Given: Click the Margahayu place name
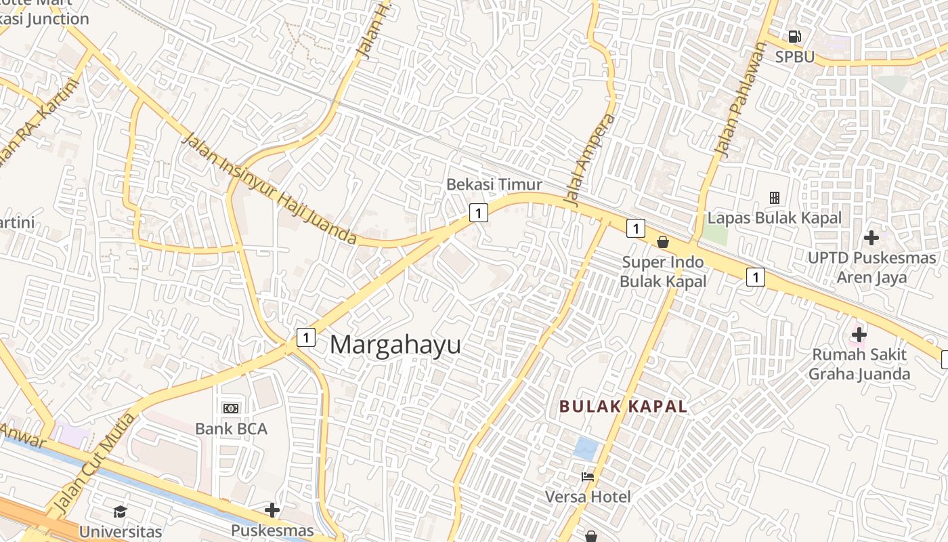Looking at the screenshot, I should [395, 345].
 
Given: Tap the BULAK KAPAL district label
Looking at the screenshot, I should [623, 406].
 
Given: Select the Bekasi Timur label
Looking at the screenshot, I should [494, 184].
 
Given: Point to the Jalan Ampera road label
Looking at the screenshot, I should [590, 160].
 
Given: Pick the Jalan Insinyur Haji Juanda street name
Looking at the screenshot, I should [270, 189].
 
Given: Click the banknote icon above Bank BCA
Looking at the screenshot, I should [231, 408].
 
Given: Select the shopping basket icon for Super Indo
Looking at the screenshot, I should [663, 242].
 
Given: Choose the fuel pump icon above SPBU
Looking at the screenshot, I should [794, 37].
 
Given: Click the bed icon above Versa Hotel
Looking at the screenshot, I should [588, 477].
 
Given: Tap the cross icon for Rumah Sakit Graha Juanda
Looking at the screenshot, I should [859, 334].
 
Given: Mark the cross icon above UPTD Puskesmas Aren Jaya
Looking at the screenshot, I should [871, 238].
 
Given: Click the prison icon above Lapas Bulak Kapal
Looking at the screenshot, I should [775, 198].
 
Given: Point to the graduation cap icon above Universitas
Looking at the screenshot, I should [121, 512].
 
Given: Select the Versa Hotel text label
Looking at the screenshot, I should [588, 497].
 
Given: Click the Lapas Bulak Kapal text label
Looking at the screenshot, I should [775, 218].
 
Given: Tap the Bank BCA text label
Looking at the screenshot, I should [231, 429].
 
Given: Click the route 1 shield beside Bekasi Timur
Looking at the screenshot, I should [479, 213].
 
